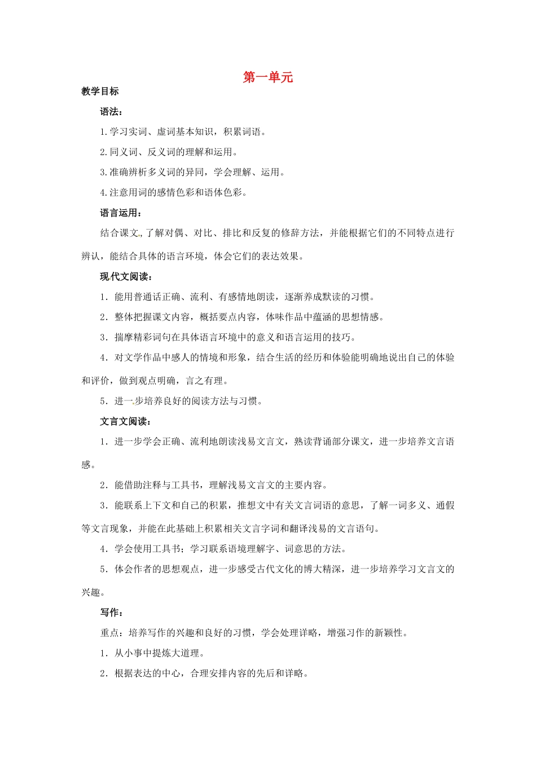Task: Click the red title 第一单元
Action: tap(268, 77)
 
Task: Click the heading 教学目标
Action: tap(100, 91)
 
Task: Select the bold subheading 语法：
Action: tap(112, 112)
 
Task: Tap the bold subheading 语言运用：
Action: tap(121, 213)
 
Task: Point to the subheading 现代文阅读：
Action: tap(126, 276)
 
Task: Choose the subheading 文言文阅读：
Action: tap(126, 421)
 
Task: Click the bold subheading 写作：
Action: tap(112, 612)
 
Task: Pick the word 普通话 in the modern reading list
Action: tap(147, 297)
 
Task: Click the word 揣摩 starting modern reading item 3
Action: tap(124, 338)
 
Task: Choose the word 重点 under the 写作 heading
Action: tap(109, 633)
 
